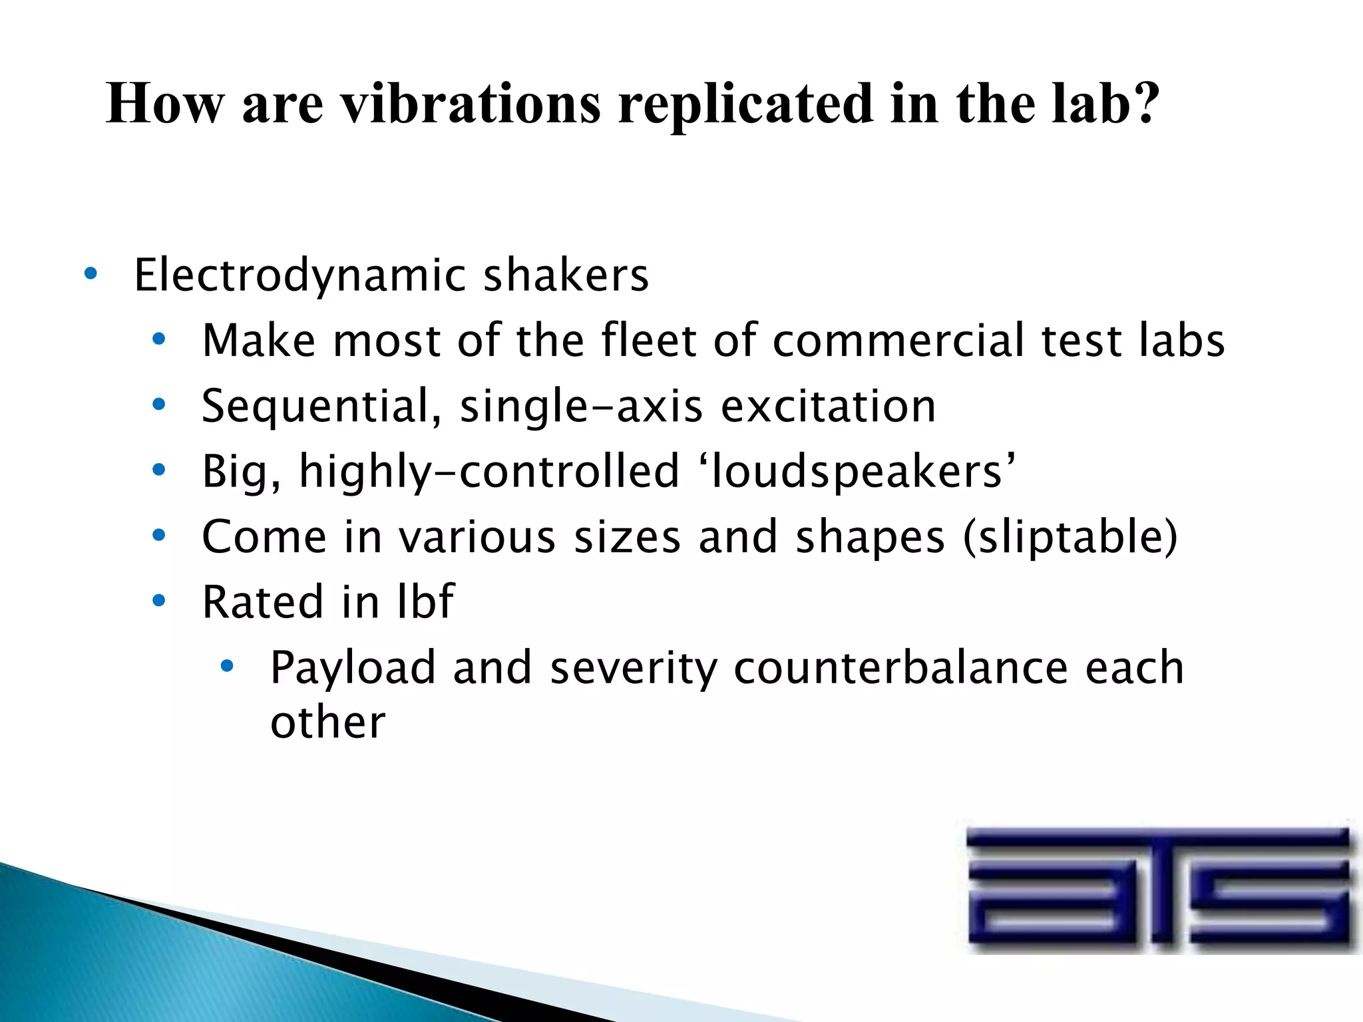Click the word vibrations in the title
coord(471,104)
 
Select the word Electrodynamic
coord(299,276)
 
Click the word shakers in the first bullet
coord(566,275)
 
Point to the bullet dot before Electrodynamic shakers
coord(91,273)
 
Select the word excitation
coord(829,406)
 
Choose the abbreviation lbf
coord(425,601)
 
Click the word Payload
coord(353,668)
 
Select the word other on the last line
coord(327,722)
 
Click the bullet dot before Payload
coord(227,665)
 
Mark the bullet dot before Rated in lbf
coord(158,601)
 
